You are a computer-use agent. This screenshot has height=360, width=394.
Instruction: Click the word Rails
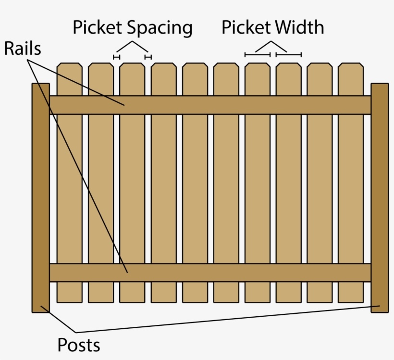point(23,49)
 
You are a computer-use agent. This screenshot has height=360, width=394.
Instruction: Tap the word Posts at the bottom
point(79,345)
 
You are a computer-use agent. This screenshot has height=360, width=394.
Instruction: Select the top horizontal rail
point(210,105)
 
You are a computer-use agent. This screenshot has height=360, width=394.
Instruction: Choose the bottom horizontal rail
point(210,273)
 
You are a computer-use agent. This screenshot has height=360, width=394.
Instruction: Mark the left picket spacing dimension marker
point(116,57)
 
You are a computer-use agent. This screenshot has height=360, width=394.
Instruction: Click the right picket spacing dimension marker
point(148,57)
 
